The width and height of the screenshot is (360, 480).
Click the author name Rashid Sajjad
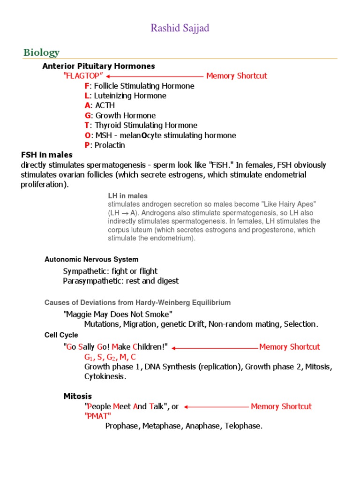click(180, 28)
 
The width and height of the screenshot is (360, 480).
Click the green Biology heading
click(42, 52)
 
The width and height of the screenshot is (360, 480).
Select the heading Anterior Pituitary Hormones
click(98, 66)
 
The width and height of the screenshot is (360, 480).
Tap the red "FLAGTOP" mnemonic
click(83, 76)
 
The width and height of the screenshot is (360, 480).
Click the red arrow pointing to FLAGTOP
click(154, 76)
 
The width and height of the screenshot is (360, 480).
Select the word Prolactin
click(110, 145)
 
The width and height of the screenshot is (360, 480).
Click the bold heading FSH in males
click(47, 155)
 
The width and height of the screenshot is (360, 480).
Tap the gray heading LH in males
click(127, 196)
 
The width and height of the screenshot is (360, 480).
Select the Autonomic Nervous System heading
click(91, 259)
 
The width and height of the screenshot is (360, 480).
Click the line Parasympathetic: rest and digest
click(121, 281)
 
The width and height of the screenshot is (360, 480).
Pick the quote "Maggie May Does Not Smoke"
click(118, 314)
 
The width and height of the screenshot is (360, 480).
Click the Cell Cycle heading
click(61, 335)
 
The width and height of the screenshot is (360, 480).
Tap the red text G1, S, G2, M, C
click(110, 357)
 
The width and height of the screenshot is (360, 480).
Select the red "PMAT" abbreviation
click(97, 416)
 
